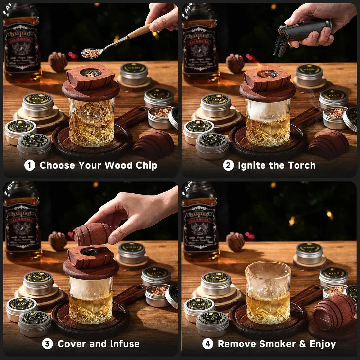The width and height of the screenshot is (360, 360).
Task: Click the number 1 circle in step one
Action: click(29, 165)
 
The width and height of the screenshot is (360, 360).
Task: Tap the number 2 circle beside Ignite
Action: click(228, 165)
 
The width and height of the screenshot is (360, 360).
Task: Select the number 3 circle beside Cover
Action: click(47, 344)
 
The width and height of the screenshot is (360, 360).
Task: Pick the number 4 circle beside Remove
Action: click(207, 344)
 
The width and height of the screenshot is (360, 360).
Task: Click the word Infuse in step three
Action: click(124, 344)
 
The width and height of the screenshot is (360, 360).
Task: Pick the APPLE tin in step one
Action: click(38, 105)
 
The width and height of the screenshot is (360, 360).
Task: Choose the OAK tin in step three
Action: click(35, 322)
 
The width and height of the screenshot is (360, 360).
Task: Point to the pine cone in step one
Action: click(58, 62)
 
